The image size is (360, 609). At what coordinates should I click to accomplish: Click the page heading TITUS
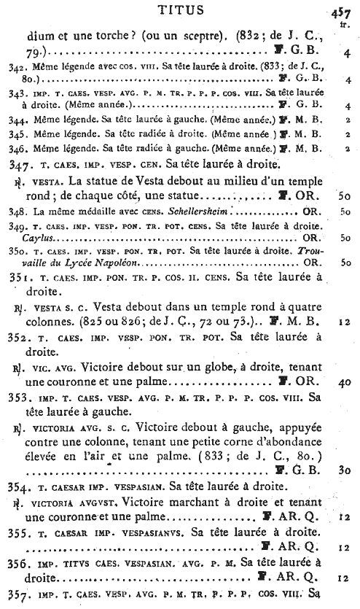pos(179,9)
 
